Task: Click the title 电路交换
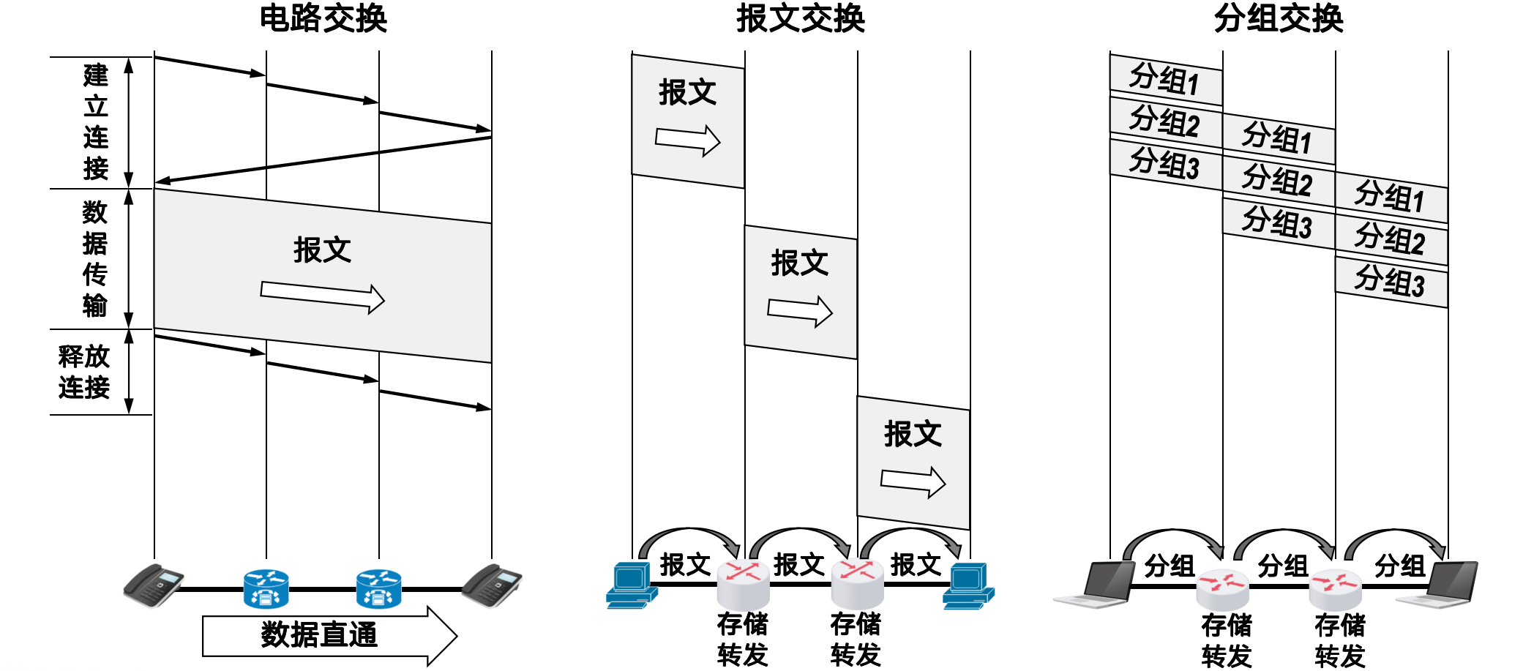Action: (323, 18)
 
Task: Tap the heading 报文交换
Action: (801, 18)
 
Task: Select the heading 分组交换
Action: (1279, 18)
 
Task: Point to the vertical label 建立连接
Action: (96, 121)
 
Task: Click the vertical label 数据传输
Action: (95, 258)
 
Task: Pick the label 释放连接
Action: (84, 372)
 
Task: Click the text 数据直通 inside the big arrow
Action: (319, 634)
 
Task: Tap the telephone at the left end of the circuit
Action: (153, 585)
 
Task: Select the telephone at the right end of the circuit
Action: (492, 585)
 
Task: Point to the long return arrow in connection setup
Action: (323, 159)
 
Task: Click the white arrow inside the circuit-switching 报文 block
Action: (323, 297)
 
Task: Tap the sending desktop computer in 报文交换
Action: (631, 585)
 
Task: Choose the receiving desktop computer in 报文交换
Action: (968, 585)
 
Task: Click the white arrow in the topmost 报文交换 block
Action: (688, 140)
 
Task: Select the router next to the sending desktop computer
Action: (743, 584)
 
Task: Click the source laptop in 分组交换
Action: (1095, 585)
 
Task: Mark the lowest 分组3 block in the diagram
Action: (1391, 282)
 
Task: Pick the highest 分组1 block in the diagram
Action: (1166, 80)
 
